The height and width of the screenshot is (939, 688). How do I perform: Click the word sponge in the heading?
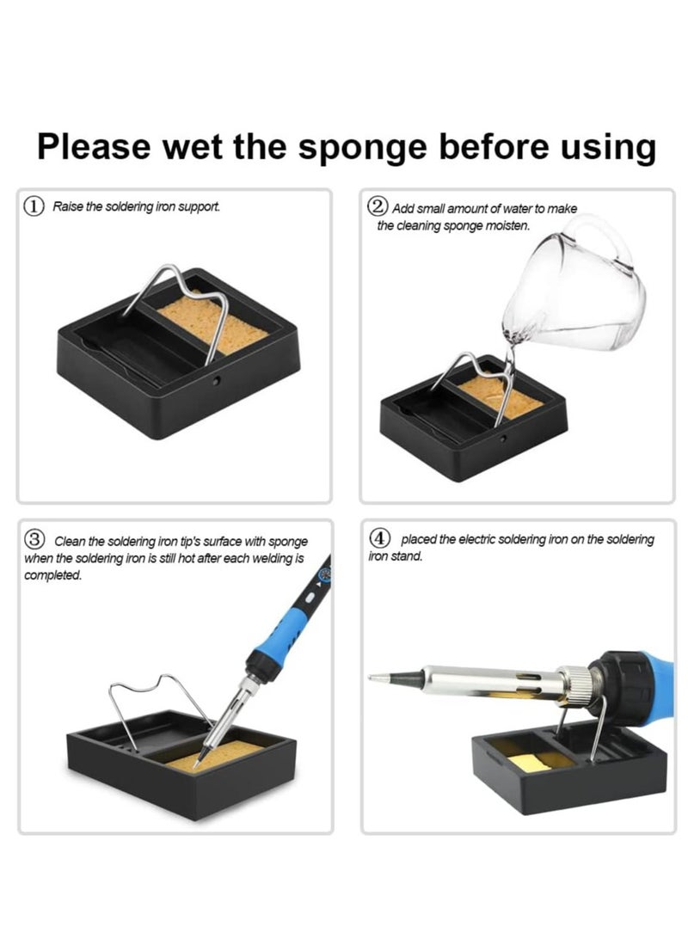tap(363, 148)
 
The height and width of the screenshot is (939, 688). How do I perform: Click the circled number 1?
tap(34, 206)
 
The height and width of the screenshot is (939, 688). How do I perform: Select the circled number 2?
tap(378, 207)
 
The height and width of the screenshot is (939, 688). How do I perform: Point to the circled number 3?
tap(34, 539)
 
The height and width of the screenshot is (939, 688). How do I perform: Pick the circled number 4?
tap(379, 537)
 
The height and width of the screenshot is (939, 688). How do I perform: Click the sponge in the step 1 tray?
tap(212, 323)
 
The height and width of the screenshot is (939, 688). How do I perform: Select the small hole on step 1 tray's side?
tap(216, 380)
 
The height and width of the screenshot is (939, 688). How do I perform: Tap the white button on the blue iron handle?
tap(310, 598)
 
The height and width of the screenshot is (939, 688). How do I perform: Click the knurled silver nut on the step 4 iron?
tap(580, 683)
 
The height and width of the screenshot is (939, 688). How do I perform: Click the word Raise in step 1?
tap(64, 206)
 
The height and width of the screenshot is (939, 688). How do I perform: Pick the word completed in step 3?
tap(52, 575)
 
